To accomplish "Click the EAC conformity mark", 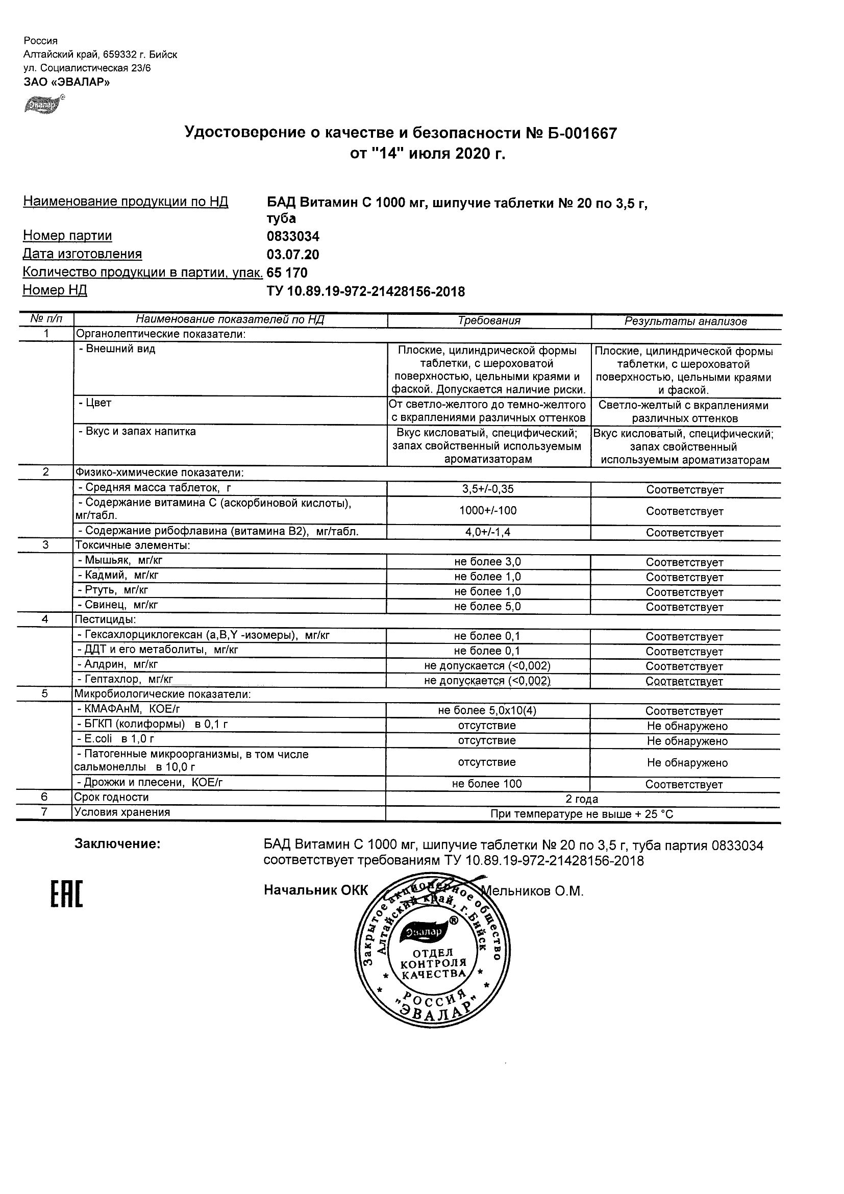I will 66,895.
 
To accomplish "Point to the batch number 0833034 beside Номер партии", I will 293,237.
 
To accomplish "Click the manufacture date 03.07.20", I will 293,255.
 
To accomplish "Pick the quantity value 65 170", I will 287,272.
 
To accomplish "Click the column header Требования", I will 489,321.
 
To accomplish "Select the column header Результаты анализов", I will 685,321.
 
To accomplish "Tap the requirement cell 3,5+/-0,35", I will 488,489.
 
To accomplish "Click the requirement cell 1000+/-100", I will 488,511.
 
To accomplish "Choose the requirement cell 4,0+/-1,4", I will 488,532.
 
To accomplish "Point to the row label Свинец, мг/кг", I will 117,605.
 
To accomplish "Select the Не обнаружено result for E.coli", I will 687,741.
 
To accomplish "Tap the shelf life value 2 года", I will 582,799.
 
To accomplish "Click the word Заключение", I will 117,844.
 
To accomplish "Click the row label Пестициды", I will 106,619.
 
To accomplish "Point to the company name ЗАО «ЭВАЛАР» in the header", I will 67,82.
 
